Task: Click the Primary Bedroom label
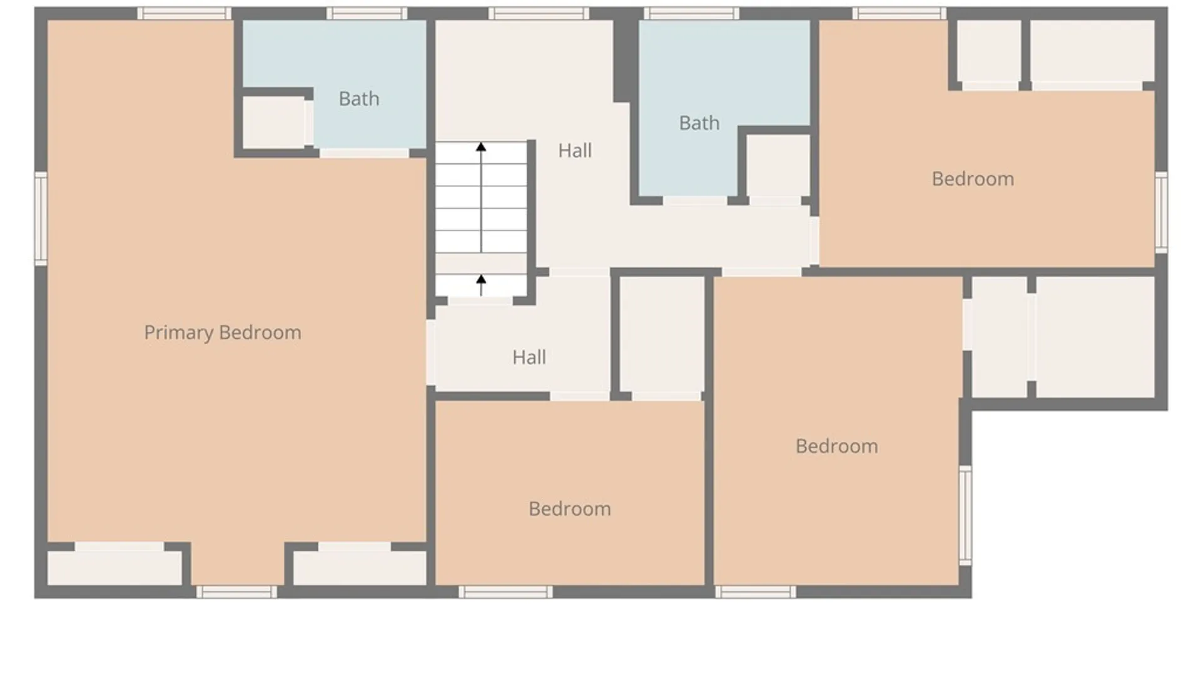click(223, 332)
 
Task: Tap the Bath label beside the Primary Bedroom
click(359, 99)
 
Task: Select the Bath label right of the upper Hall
click(699, 123)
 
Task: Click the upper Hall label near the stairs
click(575, 151)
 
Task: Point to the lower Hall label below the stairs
click(529, 357)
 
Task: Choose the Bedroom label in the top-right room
click(973, 179)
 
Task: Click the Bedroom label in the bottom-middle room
click(570, 509)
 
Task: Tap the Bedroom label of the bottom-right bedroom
click(836, 446)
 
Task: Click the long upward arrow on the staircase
click(481, 197)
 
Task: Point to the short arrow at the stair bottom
click(481, 285)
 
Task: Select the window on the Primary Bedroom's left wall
click(41, 219)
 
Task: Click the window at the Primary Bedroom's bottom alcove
click(236, 592)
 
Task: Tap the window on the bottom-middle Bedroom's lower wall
click(505, 592)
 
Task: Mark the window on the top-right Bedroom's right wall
click(1161, 212)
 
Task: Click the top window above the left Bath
click(367, 13)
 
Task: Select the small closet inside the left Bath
click(274, 123)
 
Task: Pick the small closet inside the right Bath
click(778, 166)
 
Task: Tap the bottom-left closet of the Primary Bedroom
click(115, 568)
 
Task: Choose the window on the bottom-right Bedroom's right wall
click(965, 516)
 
